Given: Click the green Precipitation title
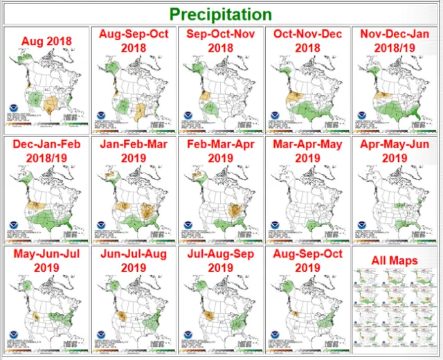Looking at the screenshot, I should [x=221, y=14].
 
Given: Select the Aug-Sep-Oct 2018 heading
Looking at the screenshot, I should [x=133, y=40].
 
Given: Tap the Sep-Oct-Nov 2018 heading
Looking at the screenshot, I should [x=221, y=40].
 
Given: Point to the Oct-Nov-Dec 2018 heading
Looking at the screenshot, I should [x=308, y=40].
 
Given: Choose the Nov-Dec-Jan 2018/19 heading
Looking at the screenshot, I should [x=395, y=40].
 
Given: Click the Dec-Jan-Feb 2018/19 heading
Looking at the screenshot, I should [x=47, y=150].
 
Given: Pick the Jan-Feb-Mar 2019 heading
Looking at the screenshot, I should [x=133, y=150].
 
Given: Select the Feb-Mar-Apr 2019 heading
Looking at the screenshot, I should [x=221, y=150].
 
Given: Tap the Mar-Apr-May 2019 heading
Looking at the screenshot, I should [x=308, y=150].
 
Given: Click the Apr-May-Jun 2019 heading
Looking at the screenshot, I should [x=395, y=150].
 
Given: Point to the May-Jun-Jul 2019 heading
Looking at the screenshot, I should [x=47, y=260].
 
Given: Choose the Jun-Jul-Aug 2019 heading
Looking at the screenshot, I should [x=133, y=260].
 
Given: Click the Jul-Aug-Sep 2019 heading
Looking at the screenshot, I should [x=221, y=260].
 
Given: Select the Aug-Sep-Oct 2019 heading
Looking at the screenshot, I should [x=308, y=260].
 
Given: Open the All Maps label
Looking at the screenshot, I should [x=395, y=260].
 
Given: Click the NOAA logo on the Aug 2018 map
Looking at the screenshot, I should [x=15, y=110].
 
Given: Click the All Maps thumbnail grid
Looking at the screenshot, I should [x=395, y=308].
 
